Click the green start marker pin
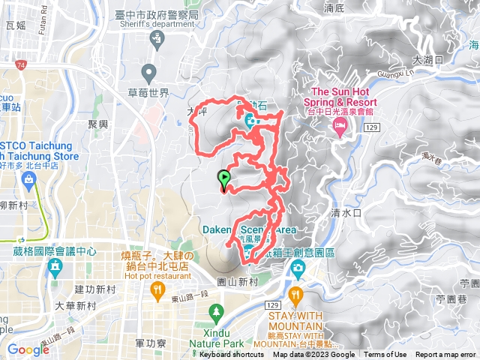(x=223, y=179)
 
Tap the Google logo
(x=28, y=349)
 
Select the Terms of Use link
(x=385, y=355)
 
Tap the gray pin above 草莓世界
(x=149, y=73)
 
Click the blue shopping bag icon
(x=28, y=178)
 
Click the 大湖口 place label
(x=428, y=59)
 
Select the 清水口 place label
(x=346, y=213)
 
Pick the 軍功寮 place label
(x=150, y=342)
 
